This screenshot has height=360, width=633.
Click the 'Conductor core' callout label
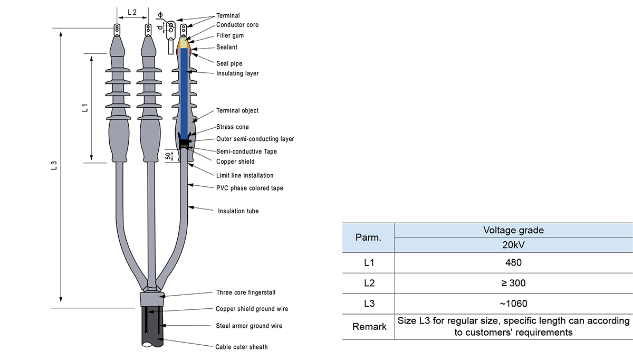point(237,25)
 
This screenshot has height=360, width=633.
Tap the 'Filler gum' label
point(230,36)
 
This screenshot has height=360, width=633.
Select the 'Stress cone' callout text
point(233,127)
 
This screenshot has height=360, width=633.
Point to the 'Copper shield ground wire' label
point(252,309)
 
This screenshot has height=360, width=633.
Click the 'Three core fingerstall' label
point(246,292)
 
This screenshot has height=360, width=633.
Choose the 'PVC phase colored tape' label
point(250,188)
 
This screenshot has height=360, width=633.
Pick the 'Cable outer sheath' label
point(242,347)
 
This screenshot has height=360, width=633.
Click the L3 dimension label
point(53,166)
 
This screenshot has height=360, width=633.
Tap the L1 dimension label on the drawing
point(84,109)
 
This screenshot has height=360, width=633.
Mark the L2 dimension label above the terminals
point(132,12)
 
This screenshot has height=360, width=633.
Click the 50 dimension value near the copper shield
point(168,156)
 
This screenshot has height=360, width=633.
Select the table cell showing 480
point(513,262)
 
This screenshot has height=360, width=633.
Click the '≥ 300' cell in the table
point(513,283)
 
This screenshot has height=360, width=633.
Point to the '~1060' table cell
point(513,304)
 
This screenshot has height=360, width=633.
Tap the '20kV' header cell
point(513,245)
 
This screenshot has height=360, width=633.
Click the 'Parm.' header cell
point(369,238)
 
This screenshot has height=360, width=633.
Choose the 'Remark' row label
point(369,327)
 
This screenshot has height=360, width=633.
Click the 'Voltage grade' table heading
point(513,230)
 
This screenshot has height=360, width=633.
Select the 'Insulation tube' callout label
point(238,211)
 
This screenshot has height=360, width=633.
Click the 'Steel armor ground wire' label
point(249,326)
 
